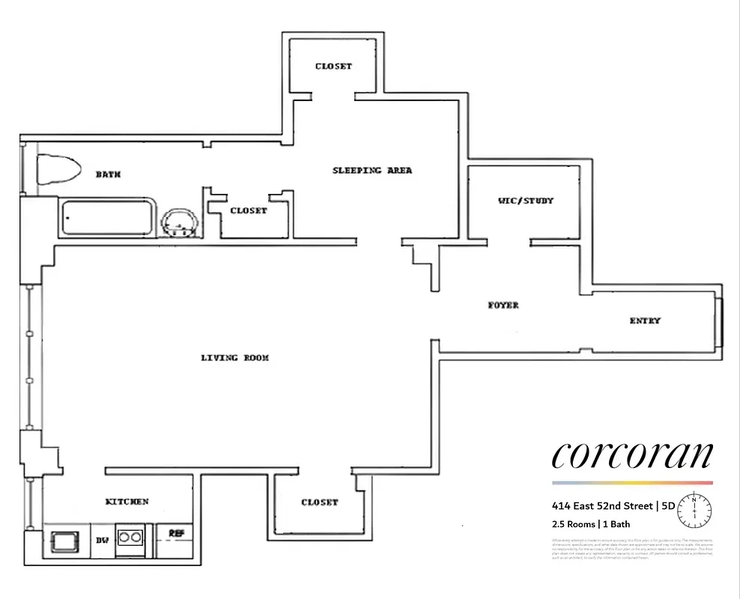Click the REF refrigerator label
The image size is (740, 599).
coord(177,534)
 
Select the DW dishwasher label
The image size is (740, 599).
coord(102,539)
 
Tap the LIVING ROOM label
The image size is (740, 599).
coord(234,358)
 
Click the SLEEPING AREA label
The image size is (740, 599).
coord(372,171)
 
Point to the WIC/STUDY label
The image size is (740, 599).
coord(526,201)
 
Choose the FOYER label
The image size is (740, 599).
coord(503,305)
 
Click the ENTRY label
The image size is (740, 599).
coord(645,320)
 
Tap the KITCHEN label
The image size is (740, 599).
coord(127,501)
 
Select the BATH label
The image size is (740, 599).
coord(109,174)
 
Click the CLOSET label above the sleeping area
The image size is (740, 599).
coord(333,66)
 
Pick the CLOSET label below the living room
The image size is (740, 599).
coord(320,502)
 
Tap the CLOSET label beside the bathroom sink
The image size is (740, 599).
coord(249,210)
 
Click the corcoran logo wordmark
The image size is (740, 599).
coord(632,454)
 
